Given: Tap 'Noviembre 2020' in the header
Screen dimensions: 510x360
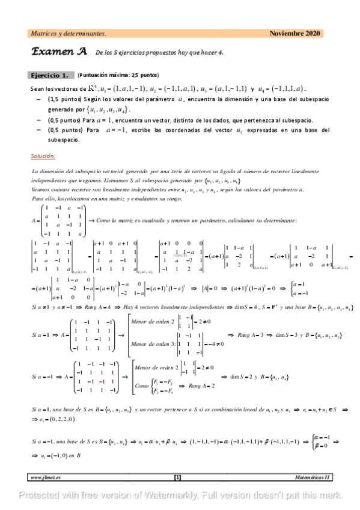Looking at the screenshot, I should [x=295, y=34].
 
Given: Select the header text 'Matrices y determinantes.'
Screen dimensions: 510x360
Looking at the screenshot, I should [x=69, y=34].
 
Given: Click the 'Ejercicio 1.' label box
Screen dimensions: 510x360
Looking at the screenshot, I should [x=52, y=76].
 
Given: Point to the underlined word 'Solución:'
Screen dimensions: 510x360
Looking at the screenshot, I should [x=43, y=156].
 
